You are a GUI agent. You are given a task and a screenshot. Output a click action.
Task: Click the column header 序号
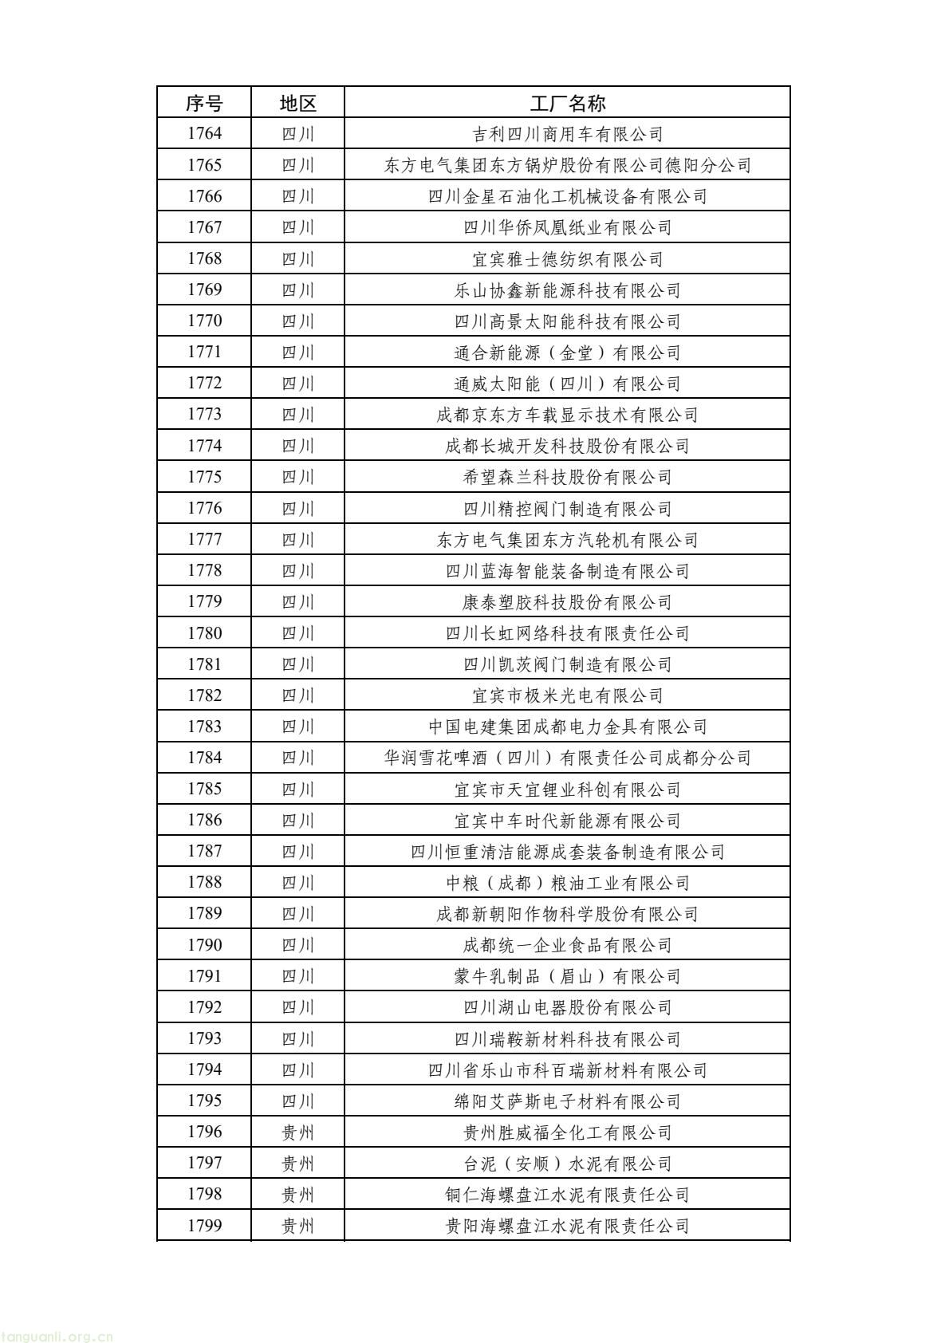tap(204, 103)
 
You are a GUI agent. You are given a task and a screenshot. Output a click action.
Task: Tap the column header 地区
tap(297, 103)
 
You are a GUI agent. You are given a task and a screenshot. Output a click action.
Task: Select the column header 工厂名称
tap(567, 103)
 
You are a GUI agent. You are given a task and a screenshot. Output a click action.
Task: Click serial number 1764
tap(204, 134)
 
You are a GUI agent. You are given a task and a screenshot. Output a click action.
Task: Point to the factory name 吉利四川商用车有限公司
tap(567, 134)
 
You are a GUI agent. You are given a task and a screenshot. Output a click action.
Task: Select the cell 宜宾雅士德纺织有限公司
tap(567, 259)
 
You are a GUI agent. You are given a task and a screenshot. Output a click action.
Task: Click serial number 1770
tap(204, 321)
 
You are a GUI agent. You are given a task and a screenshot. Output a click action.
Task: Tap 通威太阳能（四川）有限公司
tap(567, 384)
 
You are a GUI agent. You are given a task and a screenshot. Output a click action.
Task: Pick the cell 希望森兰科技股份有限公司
tap(567, 477)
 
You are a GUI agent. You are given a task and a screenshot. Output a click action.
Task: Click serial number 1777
tap(204, 540)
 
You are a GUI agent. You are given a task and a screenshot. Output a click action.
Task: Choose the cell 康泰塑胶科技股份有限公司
tap(567, 602)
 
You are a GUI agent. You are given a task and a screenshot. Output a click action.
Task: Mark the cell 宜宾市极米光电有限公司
tap(567, 695)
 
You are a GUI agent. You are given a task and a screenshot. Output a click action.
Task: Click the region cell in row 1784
tap(297, 758)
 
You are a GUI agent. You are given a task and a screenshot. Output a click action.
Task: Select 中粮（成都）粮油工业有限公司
tap(567, 883)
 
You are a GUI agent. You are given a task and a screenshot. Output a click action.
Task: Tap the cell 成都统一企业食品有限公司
tap(567, 945)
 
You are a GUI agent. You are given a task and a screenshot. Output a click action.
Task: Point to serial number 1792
tap(204, 1007)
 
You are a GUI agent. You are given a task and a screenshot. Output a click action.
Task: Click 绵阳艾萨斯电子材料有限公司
tap(567, 1101)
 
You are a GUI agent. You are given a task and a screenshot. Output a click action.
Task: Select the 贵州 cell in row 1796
tap(297, 1132)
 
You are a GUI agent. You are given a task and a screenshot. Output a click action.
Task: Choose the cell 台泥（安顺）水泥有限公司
tap(567, 1164)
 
